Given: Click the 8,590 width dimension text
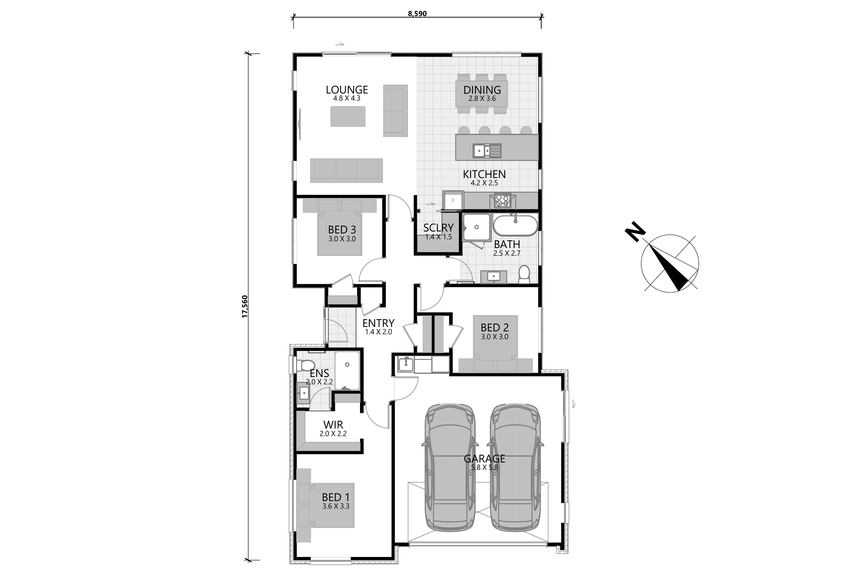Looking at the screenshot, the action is (417, 14).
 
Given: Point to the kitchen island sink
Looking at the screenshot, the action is (487, 150).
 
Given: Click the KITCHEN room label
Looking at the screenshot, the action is (484, 174).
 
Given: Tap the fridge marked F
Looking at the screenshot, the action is (453, 200).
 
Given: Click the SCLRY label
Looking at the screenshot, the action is (438, 228).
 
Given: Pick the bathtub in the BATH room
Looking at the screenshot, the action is (515, 225).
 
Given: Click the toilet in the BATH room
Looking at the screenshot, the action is (524, 274).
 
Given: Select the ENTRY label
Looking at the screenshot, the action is (378, 323).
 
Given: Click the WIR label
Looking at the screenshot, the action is (333, 425).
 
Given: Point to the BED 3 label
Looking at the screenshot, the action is (342, 230).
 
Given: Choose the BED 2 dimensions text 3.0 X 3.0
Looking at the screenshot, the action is (495, 337).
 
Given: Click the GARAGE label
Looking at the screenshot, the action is (484, 459).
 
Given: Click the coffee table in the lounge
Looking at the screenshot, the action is (348, 116).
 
